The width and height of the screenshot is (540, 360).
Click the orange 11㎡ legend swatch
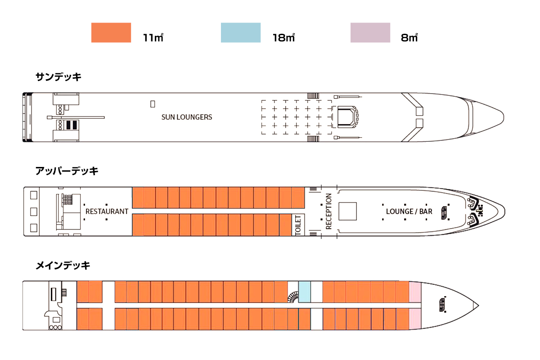111,33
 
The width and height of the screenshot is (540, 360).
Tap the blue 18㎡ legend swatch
240,33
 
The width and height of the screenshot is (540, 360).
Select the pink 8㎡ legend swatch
370,33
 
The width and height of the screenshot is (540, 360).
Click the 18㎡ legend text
283,38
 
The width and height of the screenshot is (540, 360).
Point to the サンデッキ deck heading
58,77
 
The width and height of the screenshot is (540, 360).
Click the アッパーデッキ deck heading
67,171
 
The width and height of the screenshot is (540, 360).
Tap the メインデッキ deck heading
63,265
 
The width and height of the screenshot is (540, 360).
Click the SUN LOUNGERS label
187,117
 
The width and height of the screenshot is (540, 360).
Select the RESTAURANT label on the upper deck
107,211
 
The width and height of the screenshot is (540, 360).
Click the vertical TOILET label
298,225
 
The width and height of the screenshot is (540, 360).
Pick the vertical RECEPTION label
328,211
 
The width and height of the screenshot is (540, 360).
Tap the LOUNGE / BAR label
409,211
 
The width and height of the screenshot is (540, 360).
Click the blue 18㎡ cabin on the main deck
305,292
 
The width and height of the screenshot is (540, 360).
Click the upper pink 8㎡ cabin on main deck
414,292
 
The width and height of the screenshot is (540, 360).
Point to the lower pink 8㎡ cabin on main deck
414,319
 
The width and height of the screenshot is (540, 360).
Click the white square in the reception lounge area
347,211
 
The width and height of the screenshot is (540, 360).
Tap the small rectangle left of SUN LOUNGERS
153,104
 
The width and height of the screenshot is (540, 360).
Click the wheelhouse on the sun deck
346,117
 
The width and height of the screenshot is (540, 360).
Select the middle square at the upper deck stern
33,211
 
